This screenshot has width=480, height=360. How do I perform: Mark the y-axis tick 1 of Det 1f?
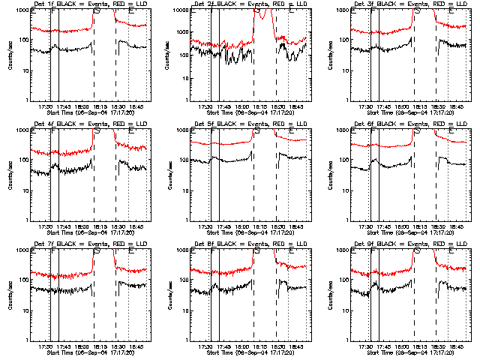pyautogui.click(x=25, y=100)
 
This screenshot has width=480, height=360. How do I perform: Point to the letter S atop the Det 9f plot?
pyautogui.click(x=417, y=251)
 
